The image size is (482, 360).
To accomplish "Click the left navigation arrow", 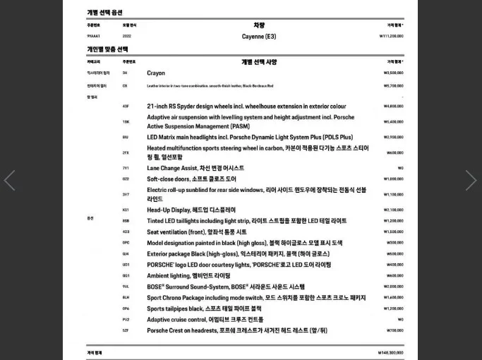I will (x=9, y=181).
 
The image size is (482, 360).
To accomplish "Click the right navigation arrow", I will (x=471, y=181).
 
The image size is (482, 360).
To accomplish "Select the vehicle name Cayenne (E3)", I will (x=259, y=36).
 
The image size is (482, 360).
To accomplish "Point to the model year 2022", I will (x=126, y=36).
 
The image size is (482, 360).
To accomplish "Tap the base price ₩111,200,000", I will (x=391, y=36).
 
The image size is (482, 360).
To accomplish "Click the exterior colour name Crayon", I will (x=156, y=73).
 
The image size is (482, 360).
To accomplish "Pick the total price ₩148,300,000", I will (x=390, y=352).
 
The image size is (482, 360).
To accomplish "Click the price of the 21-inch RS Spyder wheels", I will (x=393, y=107).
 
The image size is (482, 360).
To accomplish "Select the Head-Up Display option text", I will (x=191, y=210).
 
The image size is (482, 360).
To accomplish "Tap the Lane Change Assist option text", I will (x=195, y=168).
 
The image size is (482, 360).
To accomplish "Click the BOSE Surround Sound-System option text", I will (x=226, y=287).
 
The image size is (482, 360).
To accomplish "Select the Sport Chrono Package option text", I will (x=256, y=297).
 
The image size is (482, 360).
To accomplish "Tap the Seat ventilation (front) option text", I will (x=197, y=232).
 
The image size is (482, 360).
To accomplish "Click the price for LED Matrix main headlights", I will (x=393, y=138).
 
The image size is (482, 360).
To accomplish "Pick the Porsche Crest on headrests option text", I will (x=237, y=330).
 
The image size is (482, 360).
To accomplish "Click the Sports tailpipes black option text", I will (x=204, y=308).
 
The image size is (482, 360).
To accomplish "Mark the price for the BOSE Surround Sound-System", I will (x=393, y=287).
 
